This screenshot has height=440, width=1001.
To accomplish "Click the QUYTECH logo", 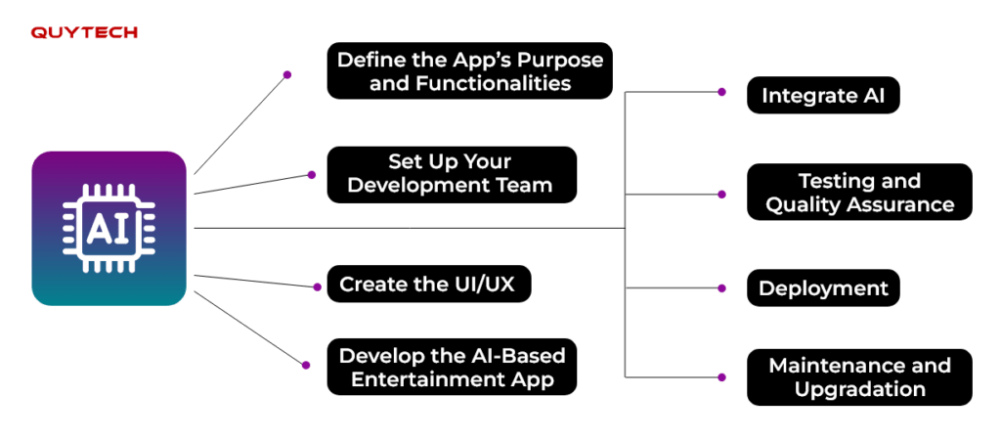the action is pyautogui.click(x=84, y=32).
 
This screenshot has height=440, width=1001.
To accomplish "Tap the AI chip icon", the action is pyautogui.click(x=109, y=228).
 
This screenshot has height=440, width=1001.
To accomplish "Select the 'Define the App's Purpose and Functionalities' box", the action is pyautogui.click(x=470, y=70).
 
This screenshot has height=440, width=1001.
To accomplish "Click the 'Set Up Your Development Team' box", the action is pyautogui.click(x=452, y=174).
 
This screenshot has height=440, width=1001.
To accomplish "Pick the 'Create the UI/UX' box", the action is pyautogui.click(x=429, y=284).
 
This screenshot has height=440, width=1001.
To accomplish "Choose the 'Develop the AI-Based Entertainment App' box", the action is pyautogui.click(x=452, y=367).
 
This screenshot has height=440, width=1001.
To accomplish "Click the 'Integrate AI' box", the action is pyautogui.click(x=823, y=95).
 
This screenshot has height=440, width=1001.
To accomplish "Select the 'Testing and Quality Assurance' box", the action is pyautogui.click(x=859, y=192).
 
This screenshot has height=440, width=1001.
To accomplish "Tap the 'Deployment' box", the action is pyautogui.click(x=823, y=287).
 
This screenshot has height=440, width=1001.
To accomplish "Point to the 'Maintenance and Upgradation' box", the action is pyautogui.click(x=859, y=376).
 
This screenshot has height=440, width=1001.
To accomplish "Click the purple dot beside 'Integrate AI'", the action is pyautogui.click(x=721, y=92).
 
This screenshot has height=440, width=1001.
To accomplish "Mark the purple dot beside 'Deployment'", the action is pyautogui.click(x=721, y=288).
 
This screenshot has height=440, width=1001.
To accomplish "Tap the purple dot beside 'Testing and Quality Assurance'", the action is pyautogui.click(x=721, y=195).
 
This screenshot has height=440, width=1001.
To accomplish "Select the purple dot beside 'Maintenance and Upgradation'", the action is pyautogui.click(x=721, y=377).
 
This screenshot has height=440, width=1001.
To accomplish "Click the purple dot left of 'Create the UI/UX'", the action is pyautogui.click(x=317, y=287).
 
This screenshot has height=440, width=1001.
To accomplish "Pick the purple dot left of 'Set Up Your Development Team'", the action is pyautogui.click(x=312, y=174).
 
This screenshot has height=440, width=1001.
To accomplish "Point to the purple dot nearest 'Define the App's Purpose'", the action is pyautogui.click(x=287, y=74).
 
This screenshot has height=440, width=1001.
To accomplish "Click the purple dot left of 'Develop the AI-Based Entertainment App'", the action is pyautogui.click(x=306, y=365).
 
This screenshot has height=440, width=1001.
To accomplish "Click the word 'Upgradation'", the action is pyautogui.click(x=859, y=389).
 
